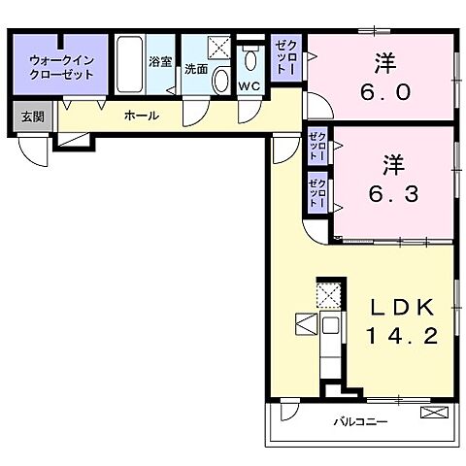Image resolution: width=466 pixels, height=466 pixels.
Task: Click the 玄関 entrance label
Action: coord(33,116)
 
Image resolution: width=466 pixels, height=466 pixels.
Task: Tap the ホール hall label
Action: coord(142,116)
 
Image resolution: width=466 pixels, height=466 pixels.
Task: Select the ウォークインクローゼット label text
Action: coord(61,67)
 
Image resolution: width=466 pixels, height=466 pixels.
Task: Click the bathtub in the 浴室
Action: coord(129,64)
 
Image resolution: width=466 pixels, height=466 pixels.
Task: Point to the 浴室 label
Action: coord(160,61)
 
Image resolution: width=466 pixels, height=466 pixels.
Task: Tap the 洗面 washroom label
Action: coord(196,69)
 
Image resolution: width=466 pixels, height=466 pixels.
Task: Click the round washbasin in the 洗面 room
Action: coord(221,80)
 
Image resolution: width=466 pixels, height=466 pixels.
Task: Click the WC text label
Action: coord(250,86)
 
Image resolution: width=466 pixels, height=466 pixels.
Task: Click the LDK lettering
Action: coord(402,308)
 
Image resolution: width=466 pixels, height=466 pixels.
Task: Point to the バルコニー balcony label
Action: coord(361,422)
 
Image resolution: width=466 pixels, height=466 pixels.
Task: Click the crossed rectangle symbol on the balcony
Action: coord(434,413)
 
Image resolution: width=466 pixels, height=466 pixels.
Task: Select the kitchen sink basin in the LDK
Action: coord(330,325)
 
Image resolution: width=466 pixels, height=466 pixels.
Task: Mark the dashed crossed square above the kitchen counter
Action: coord(328,295)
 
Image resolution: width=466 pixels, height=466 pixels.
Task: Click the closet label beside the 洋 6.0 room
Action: coord(285,58)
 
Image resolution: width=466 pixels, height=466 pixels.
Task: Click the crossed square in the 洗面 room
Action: coord(219,48)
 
